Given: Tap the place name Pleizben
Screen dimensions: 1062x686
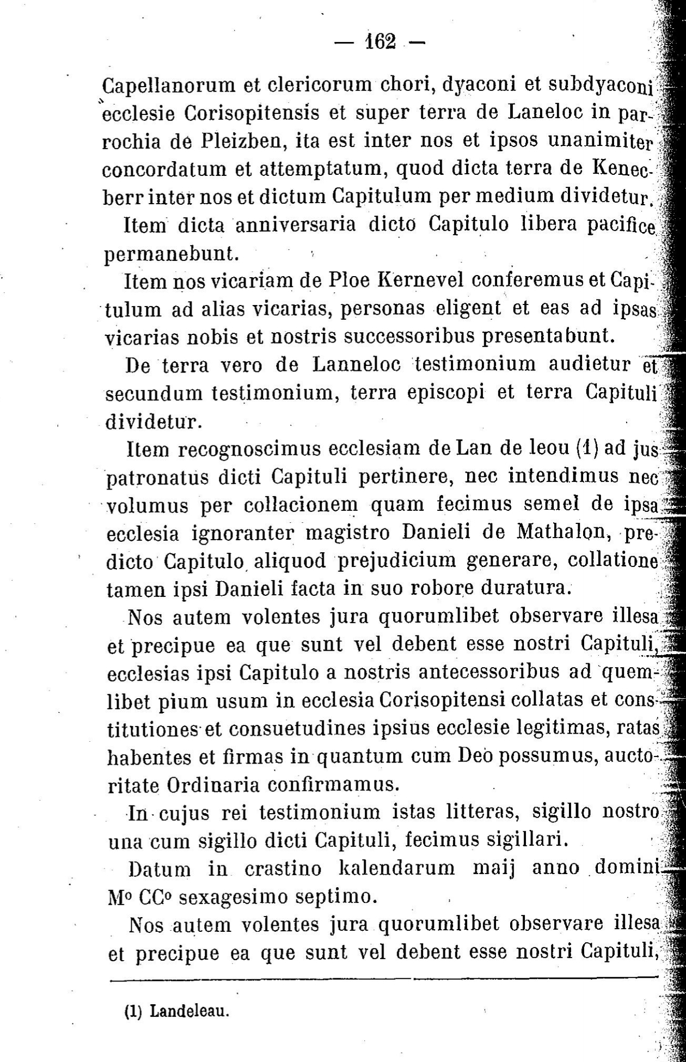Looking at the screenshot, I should pyautogui.click(x=236, y=143).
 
